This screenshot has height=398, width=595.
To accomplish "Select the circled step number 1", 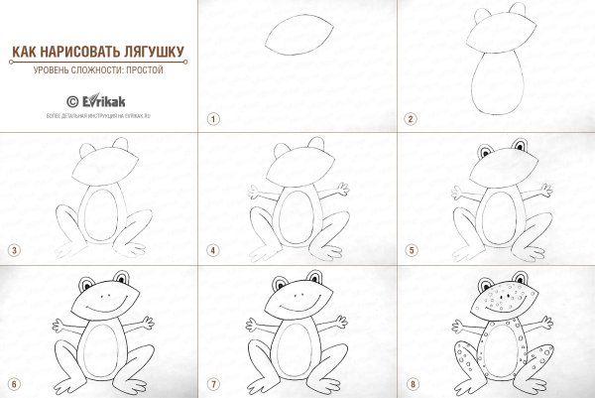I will coord(212,118).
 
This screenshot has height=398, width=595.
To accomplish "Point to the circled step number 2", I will coord(410,118).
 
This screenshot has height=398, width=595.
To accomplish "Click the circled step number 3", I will coord(14,251).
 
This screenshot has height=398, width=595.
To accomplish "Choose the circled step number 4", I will coord(212,251).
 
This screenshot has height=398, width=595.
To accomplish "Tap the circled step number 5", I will coord(410,251).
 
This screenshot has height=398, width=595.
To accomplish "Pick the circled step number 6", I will coord(14,383).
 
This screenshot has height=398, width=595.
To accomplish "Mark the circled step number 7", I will coord(212,383).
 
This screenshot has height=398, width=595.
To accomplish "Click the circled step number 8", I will coord(410,383).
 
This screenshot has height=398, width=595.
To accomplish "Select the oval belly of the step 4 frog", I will coord(297,216).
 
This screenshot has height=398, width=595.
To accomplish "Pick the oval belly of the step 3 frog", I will coord(100,216).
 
